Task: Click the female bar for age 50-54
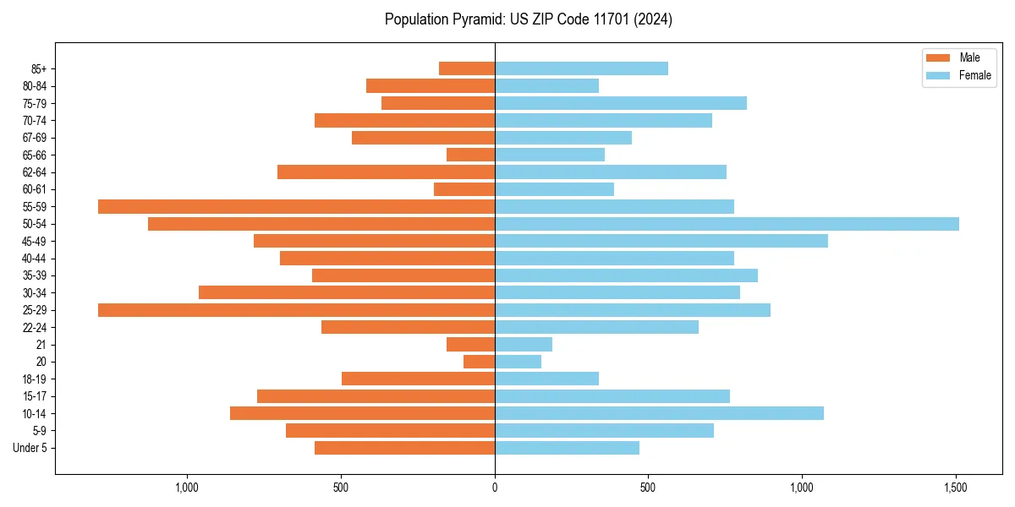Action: pos(727,224)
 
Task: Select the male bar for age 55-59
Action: pos(296,206)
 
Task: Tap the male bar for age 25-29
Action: pos(296,310)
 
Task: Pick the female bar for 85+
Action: pos(581,68)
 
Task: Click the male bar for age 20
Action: pos(479,362)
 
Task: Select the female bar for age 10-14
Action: pos(659,413)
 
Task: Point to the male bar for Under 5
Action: pos(404,448)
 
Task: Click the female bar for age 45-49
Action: pos(661,241)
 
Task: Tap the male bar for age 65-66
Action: pos(470,155)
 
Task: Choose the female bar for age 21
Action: pos(524,345)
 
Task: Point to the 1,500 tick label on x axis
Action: pos(956,488)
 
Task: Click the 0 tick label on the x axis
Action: pos(495,488)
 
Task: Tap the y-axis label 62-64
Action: pos(35,172)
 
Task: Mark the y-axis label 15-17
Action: pos(35,396)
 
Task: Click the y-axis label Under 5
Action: pos(30,448)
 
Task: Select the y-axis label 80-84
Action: pos(35,86)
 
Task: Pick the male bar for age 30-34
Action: pos(347,292)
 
